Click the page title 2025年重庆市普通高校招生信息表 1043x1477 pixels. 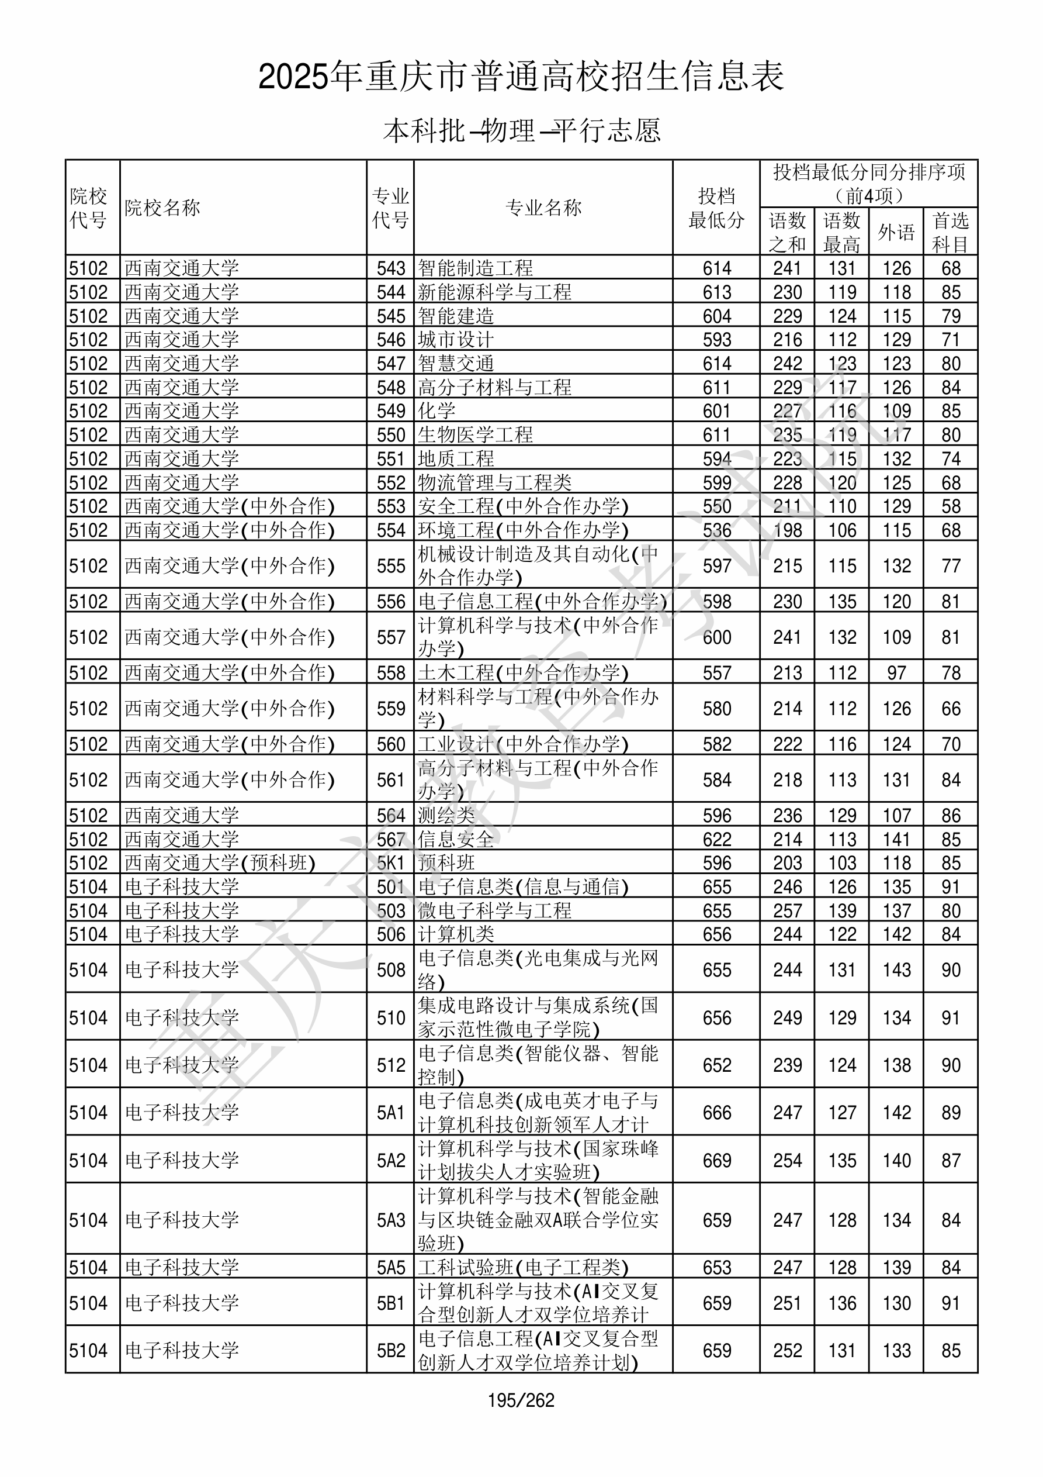[521, 77]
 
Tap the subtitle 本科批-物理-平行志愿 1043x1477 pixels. [521, 130]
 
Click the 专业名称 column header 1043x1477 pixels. [543, 207]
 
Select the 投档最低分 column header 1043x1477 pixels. [716, 207]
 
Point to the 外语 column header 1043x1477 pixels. [896, 232]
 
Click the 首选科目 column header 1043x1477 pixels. [951, 232]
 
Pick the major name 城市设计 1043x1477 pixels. [456, 339]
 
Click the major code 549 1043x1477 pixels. [391, 410]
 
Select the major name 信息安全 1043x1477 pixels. [456, 839]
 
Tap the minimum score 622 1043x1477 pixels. [717, 839]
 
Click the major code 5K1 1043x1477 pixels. [391, 862]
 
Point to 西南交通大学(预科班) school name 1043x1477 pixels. [220, 862]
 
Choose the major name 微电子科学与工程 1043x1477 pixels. [494, 910]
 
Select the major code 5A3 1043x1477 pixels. [391, 1220]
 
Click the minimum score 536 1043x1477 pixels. [717, 530]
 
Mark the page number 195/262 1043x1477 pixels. [521, 1400]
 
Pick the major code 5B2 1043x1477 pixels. [391, 1350]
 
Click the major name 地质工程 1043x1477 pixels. [456, 458]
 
